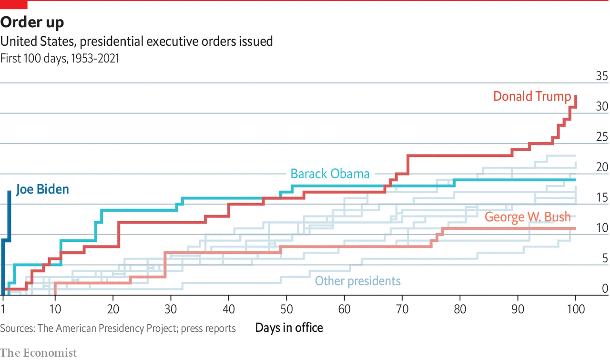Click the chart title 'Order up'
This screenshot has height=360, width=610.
(x=32, y=22)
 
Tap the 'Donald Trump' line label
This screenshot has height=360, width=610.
(x=531, y=96)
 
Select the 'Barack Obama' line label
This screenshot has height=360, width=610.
(x=330, y=174)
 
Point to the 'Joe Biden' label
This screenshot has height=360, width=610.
(x=42, y=189)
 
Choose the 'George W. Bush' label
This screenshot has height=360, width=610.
(x=528, y=217)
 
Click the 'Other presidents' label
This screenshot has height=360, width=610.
(x=357, y=281)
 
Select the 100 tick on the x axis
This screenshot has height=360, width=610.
(x=575, y=309)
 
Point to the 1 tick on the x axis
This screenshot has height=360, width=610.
(x=3, y=309)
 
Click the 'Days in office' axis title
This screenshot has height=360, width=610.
(x=289, y=328)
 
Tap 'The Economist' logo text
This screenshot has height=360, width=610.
(x=38, y=353)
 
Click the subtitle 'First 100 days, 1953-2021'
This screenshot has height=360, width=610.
(x=60, y=59)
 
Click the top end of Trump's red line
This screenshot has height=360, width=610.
(x=576, y=96)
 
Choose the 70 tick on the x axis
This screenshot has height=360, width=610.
(x=402, y=309)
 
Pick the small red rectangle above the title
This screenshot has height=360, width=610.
(x=14, y=5)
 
